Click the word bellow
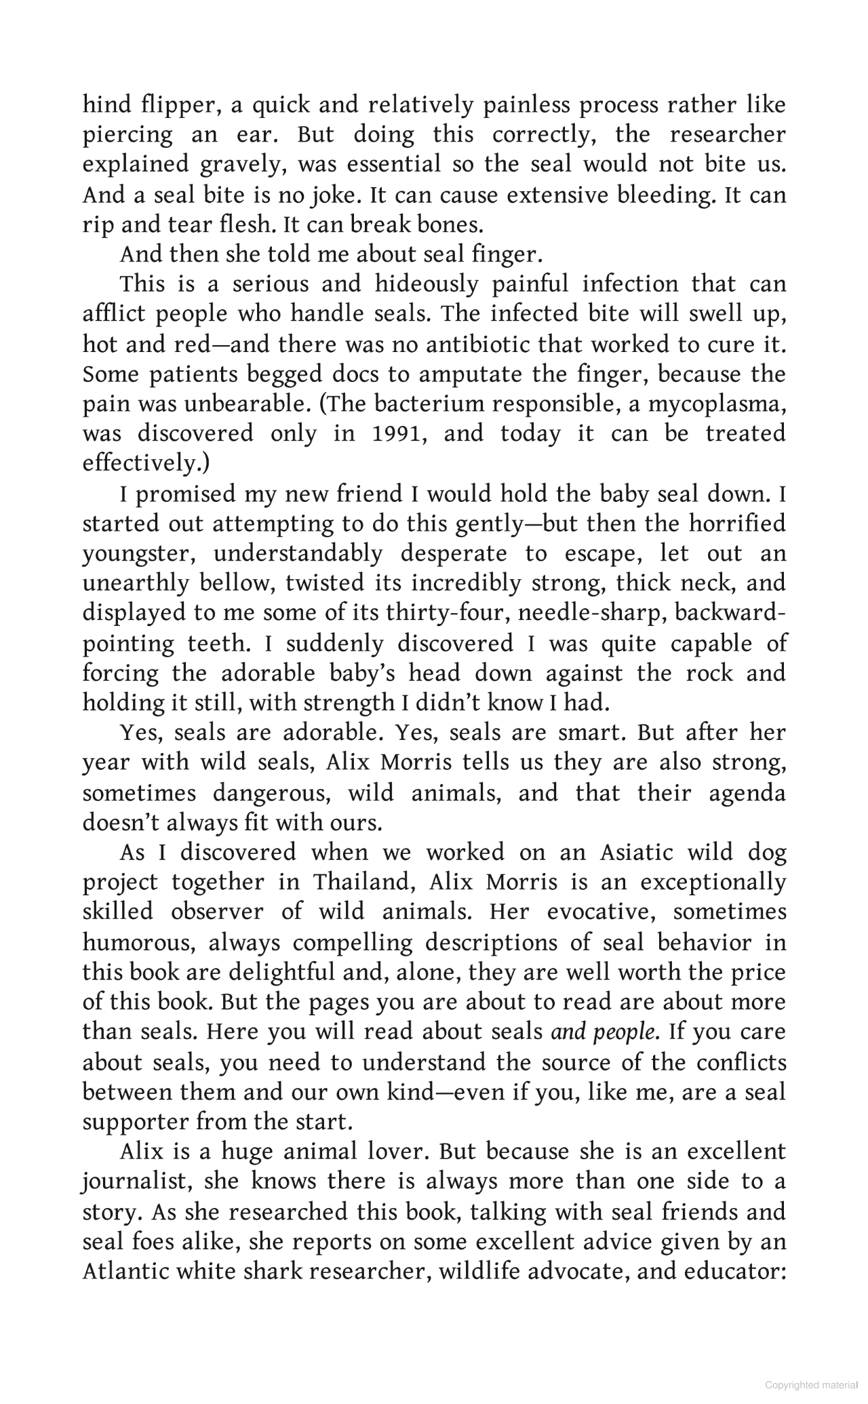point(236,583)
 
